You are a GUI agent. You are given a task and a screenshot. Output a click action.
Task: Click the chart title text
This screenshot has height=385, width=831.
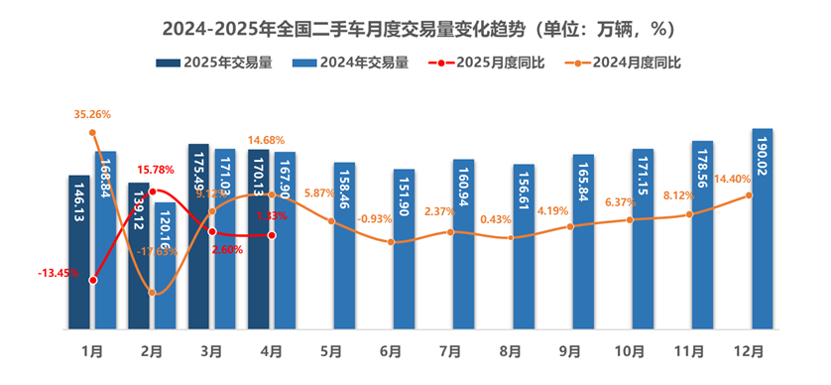tap(415, 23)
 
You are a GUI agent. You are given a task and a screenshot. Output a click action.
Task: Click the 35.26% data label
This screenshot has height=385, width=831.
tap(92, 115)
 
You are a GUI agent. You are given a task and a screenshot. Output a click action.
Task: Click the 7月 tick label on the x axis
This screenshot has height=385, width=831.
tap(450, 350)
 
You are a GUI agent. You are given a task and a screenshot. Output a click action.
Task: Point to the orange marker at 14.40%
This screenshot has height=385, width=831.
tap(749, 194)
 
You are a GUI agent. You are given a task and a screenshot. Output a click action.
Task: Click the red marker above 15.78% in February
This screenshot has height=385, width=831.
tap(152, 191)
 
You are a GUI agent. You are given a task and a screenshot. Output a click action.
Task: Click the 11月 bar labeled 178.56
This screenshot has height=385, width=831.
tap(702, 234)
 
